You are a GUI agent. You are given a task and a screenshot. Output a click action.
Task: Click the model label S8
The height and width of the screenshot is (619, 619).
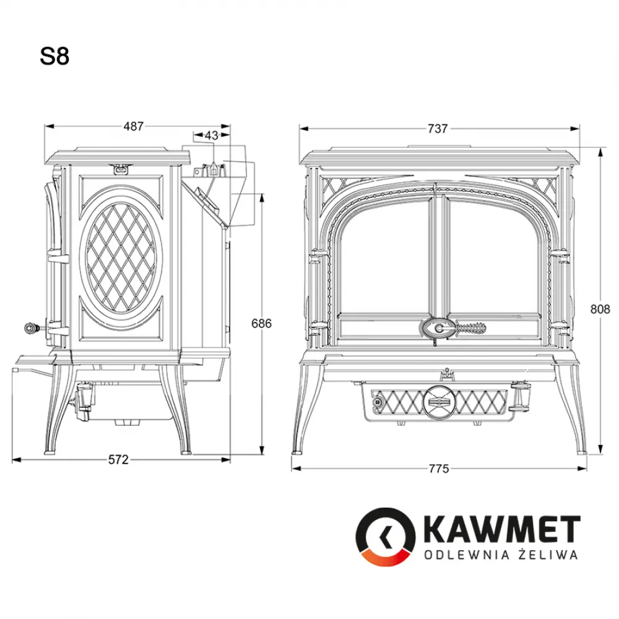point(54,57)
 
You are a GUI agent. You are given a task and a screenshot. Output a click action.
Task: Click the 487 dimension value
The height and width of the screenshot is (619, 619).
point(133,126)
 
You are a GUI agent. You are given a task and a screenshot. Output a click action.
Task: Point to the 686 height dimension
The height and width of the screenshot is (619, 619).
point(261,323)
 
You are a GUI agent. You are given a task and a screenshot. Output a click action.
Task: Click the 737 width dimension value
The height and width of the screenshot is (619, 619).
point(437,129)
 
